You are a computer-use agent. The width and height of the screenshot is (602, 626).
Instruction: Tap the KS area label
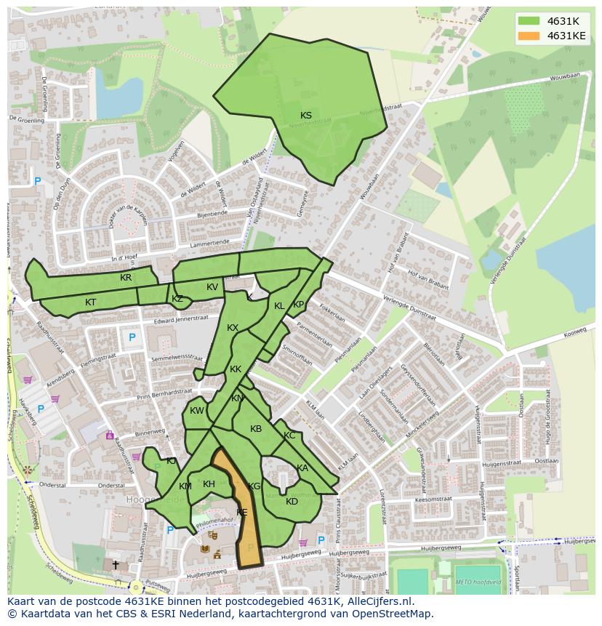306,116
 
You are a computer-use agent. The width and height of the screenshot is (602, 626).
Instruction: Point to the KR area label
126,278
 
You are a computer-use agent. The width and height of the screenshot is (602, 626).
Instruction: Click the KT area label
90,302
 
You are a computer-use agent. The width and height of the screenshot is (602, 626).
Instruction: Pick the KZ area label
177,299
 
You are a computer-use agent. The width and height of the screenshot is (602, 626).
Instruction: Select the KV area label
212,287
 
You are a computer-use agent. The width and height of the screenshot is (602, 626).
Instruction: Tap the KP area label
298,305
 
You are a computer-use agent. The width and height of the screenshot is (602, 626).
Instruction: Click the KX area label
233,328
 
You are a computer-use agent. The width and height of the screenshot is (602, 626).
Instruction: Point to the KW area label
196,411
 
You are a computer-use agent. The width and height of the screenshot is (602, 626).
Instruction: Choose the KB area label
256,429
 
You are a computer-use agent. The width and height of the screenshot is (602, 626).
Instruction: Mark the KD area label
292,502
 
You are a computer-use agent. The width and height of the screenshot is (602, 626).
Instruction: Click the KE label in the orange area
242,512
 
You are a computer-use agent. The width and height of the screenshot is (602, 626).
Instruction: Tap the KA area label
302,468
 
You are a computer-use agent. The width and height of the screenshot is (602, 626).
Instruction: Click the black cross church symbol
115,564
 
